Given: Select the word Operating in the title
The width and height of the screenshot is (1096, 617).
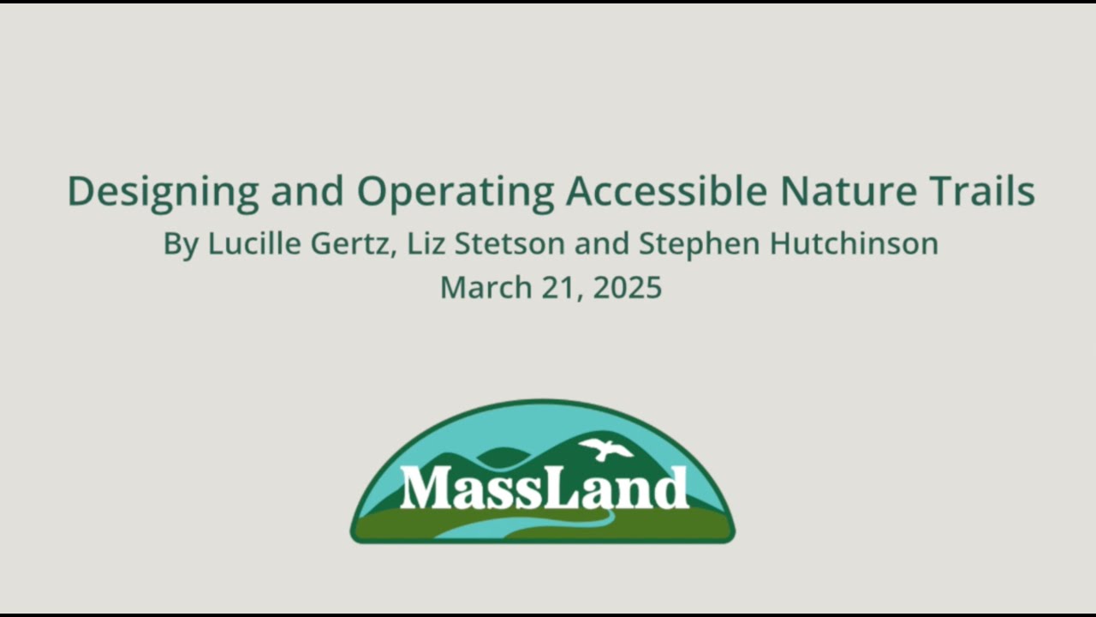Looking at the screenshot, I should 456,192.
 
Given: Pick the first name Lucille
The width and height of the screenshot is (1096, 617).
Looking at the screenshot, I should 254,244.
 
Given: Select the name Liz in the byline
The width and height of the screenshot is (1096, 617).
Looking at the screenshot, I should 426,244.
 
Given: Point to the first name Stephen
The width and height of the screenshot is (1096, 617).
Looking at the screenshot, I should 700,244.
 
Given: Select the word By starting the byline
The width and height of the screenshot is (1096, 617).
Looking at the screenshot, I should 181,244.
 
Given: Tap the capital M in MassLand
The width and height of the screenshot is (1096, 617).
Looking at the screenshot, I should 424,488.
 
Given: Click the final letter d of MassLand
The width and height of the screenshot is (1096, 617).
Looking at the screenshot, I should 671,488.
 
